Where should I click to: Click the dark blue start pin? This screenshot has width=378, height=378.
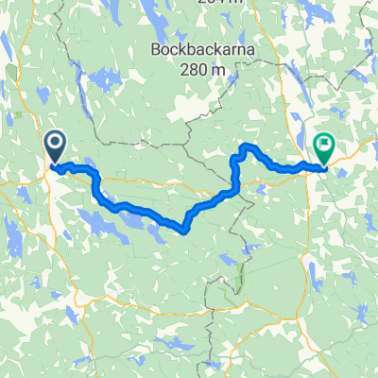point(54,147)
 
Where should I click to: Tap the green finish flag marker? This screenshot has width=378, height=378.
point(324,147)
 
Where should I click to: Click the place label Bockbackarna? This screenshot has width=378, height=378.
point(204,49)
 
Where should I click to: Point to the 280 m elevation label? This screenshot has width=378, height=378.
point(204,68)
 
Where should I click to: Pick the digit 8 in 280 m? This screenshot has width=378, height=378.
point(200,68)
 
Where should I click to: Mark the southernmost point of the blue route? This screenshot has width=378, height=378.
point(182,228)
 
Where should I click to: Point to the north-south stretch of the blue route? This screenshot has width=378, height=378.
point(232,175)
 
